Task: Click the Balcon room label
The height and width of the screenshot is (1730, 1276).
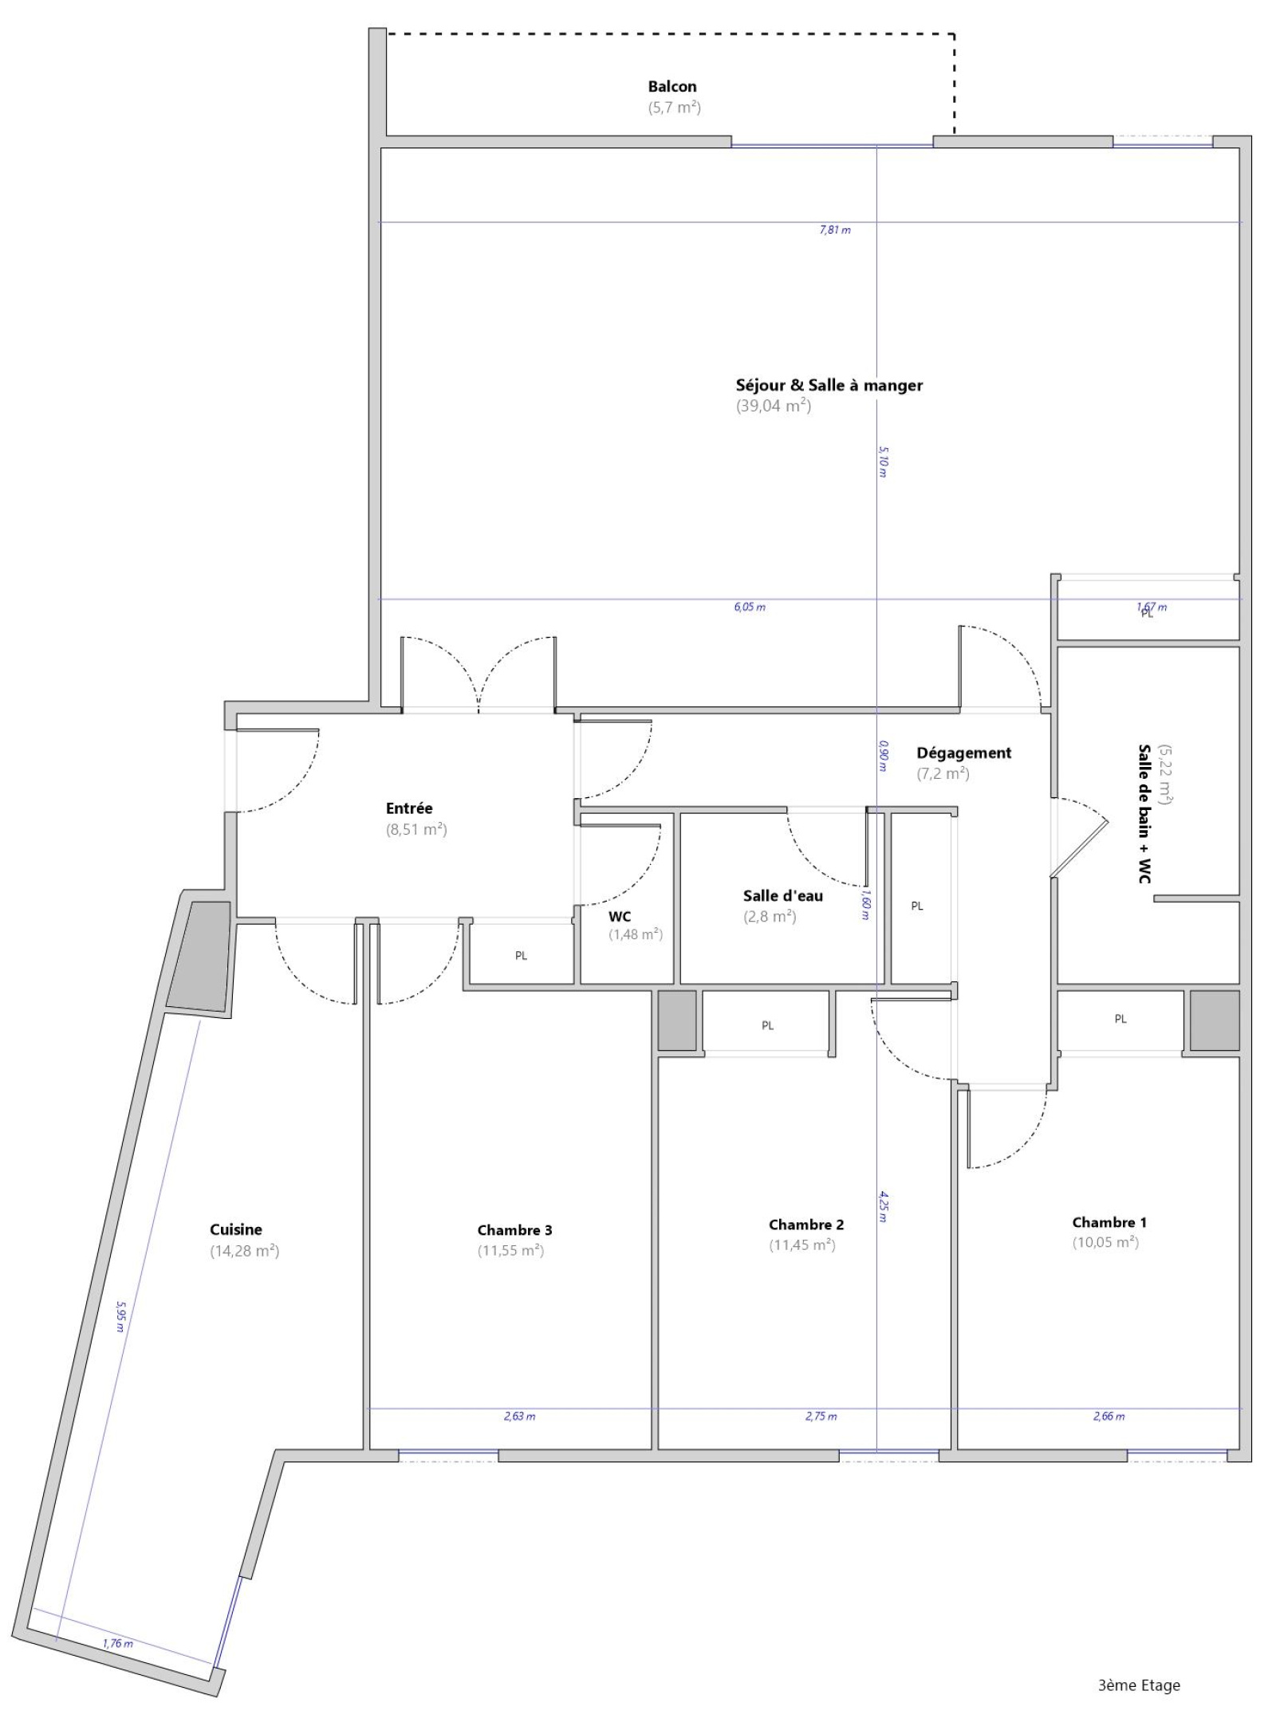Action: click(x=671, y=86)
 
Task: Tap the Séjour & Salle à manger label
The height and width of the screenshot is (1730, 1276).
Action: click(x=829, y=385)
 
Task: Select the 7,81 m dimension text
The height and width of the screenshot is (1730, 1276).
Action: click(x=835, y=230)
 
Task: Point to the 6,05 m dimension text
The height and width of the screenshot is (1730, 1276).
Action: click(x=750, y=607)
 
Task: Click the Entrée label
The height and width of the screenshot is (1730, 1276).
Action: click(x=408, y=808)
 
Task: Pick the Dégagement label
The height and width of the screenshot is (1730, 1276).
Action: click(x=963, y=753)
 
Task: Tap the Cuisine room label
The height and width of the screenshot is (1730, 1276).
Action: click(x=236, y=1229)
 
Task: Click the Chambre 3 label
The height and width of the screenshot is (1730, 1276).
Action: click(x=514, y=1229)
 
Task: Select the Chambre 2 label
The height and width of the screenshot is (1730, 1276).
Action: click(x=805, y=1224)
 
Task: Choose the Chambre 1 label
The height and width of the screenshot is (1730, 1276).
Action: click(x=1109, y=1221)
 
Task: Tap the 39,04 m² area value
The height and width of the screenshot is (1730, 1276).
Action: click(x=773, y=406)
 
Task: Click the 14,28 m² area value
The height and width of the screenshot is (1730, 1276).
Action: click(x=244, y=1250)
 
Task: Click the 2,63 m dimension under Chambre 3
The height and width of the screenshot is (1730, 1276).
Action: click(x=519, y=1416)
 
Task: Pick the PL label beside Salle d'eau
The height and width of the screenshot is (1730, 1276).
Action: click(x=917, y=906)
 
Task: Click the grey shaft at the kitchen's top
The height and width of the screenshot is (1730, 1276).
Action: click(x=199, y=956)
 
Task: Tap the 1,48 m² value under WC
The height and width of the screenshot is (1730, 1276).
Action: click(x=635, y=934)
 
